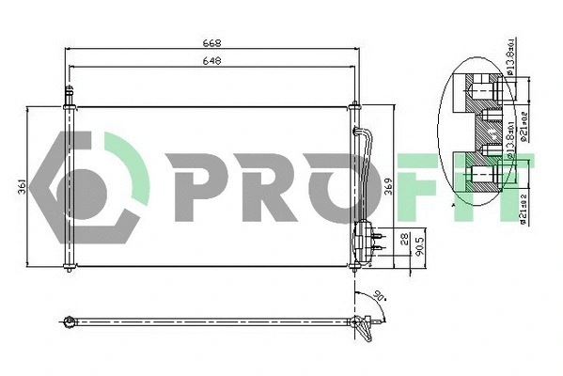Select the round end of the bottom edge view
[x=69, y=323]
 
